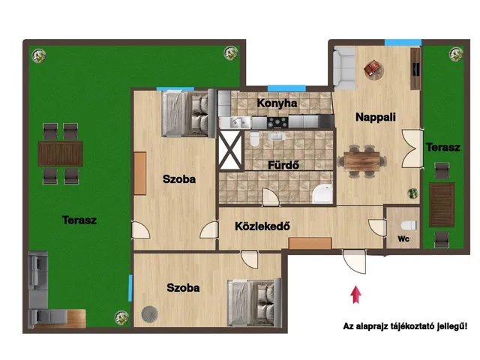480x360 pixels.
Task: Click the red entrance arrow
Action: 355,295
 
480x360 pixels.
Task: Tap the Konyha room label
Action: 277,103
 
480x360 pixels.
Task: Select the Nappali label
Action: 376,117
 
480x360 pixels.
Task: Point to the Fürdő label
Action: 283,165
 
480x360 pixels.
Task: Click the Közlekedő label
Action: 262,226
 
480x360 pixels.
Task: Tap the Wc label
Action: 403,238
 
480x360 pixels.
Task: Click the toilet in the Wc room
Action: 409,226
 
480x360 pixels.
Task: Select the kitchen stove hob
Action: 277,122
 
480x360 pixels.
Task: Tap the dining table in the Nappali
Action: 361,161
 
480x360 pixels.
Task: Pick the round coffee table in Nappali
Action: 373,70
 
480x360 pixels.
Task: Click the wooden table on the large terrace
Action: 60,154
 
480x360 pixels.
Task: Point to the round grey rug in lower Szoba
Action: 150,314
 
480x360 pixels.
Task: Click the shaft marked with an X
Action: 230,150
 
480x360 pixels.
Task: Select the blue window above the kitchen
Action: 286,88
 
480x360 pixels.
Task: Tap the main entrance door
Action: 354,261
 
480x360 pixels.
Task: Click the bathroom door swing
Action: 271,197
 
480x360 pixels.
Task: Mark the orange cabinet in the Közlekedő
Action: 310,243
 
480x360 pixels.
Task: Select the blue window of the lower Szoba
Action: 130,288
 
